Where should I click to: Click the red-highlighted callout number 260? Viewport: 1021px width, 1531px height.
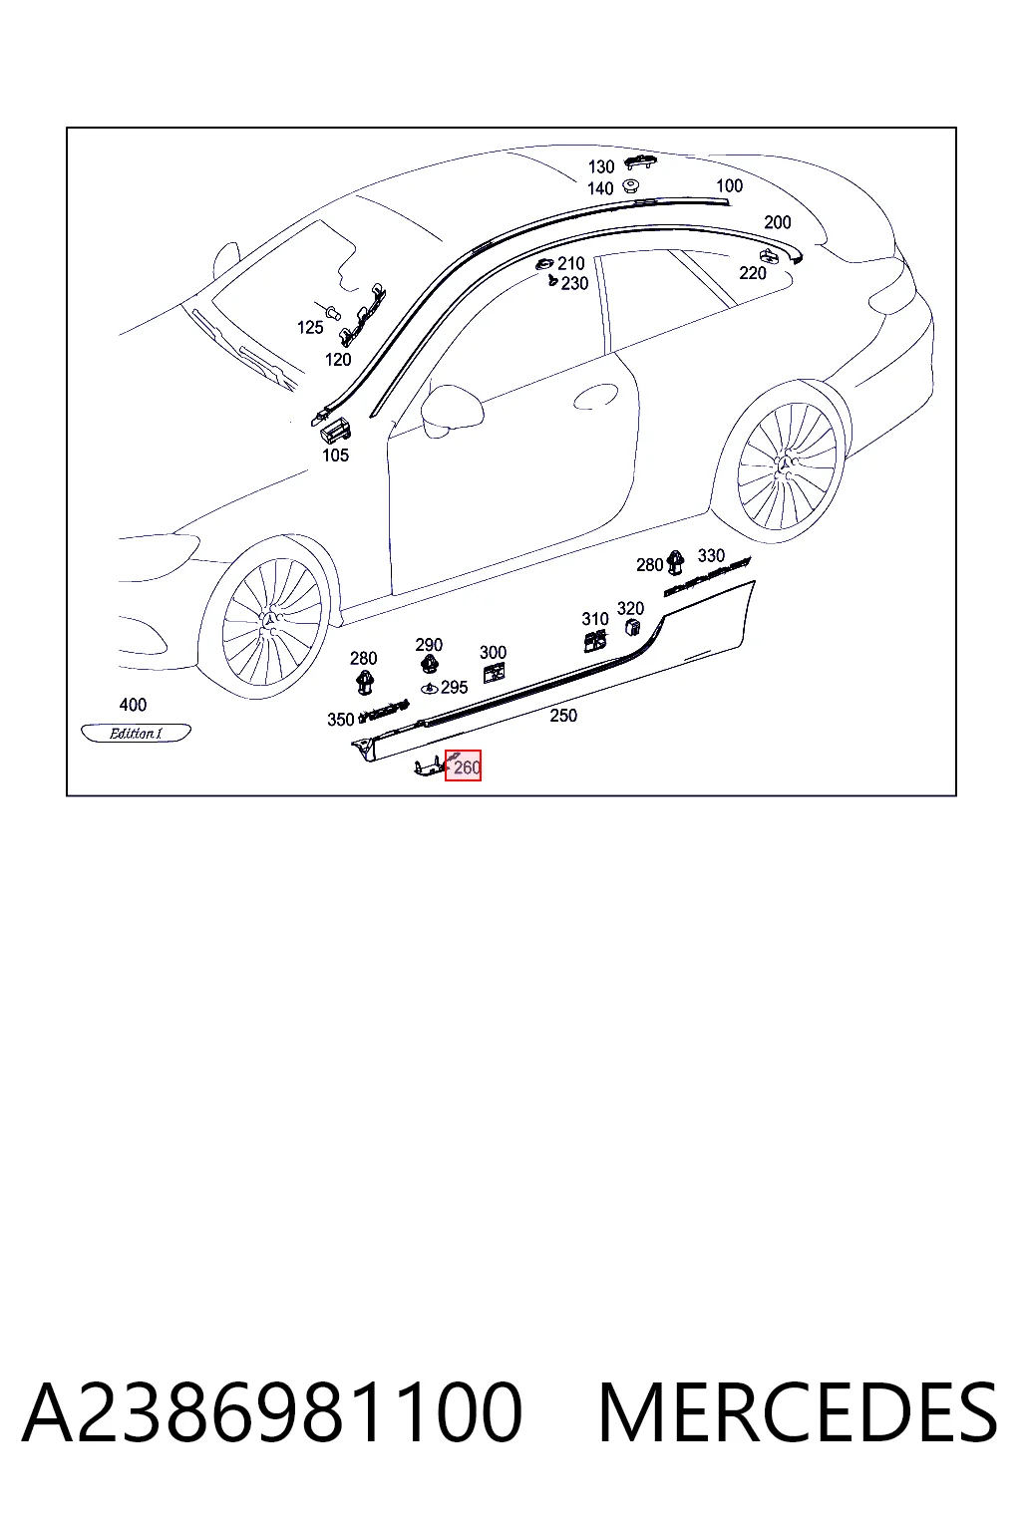(x=467, y=766)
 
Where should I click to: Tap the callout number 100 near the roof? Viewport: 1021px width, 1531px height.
(x=729, y=185)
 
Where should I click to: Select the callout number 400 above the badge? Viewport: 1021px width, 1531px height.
(x=133, y=704)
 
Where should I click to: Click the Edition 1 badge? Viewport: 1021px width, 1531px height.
(x=136, y=733)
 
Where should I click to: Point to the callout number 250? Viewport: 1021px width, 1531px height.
(x=563, y=715)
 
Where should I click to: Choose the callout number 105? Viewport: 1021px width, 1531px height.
(x=335, y=456)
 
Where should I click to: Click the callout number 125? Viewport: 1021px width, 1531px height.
(x=310, y=327)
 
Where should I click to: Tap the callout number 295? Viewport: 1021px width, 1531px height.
(x=454, y=687)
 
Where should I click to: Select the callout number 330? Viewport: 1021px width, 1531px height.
(x=711, y=555)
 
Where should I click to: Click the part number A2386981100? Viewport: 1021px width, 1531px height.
(x=271, y=1412)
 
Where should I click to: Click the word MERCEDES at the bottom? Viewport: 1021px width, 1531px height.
(x=798, y=1412)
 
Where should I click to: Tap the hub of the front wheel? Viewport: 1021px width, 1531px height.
(x=271, y=620)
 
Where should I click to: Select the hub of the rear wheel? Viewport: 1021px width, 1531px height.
(x=786, y=466)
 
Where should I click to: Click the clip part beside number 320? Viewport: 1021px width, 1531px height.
(x=633, y=626)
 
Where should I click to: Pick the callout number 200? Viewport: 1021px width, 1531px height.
(x=778, y=222)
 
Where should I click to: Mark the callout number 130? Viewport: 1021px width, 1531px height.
(x=601, y=166)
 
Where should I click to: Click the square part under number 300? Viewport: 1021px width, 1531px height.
(x=494, y=673)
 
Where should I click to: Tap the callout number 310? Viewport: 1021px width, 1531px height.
(x=595, y=619)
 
